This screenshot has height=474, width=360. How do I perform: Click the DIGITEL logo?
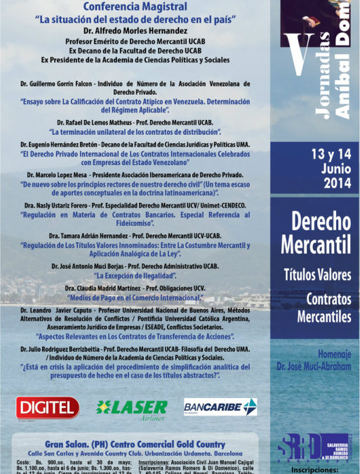48,407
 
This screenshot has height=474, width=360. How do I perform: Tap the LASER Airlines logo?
131,407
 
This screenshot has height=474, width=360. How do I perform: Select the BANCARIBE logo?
220,407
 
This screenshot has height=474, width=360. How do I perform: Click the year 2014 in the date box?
322,185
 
